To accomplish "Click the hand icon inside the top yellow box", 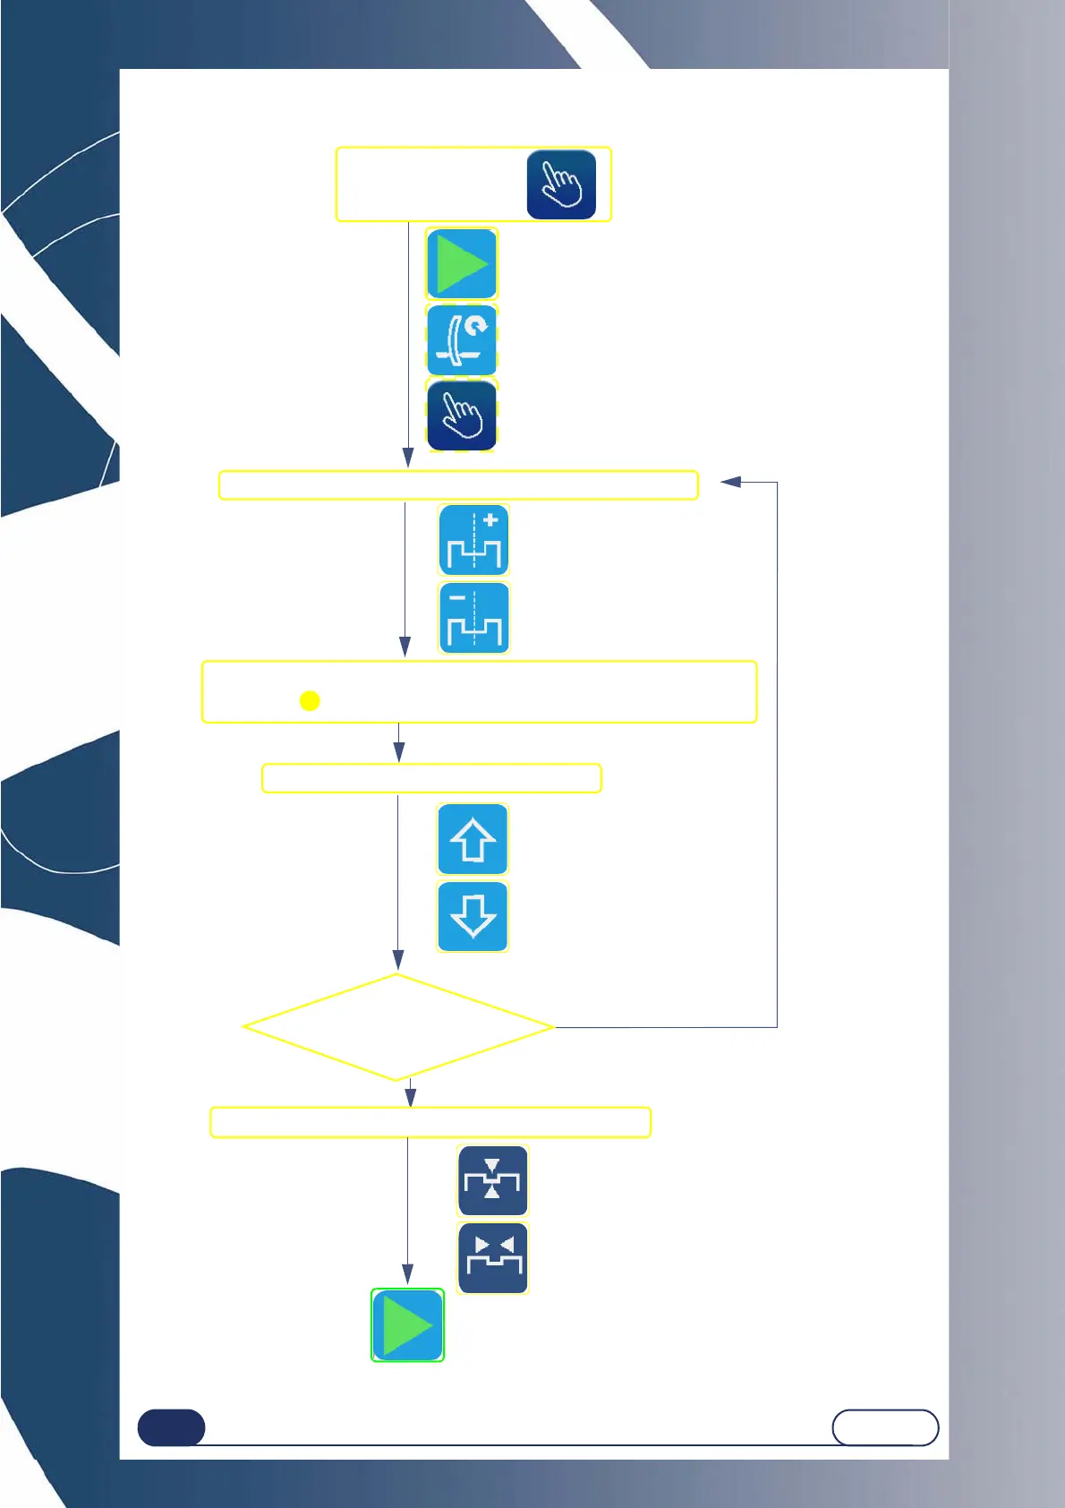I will point(561,184).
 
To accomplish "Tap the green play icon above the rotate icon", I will point(462,263).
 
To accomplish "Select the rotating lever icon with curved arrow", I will point(462,340).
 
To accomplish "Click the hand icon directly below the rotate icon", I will point(462,416).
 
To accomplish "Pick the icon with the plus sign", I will point(474,540).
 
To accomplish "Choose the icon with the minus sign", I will point(474,618).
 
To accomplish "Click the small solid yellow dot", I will point(310,700).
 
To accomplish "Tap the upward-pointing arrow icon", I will point(473,839).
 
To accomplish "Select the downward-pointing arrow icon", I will point(473,916).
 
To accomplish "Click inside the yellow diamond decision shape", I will point(398,1027).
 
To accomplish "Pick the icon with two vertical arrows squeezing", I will point(492,1180).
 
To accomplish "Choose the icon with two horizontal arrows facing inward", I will point(493,1258).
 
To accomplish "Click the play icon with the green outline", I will point(407,1325).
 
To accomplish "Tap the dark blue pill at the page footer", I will point(171,1427).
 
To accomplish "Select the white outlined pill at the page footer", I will point(885,1427).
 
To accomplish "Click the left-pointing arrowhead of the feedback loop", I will point(730,482).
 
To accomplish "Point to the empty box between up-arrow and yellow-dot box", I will point(431,778).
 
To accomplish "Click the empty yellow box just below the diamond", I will point(430,1122).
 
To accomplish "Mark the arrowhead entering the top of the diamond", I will point(398,961).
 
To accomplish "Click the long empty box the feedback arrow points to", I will point(458,484).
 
